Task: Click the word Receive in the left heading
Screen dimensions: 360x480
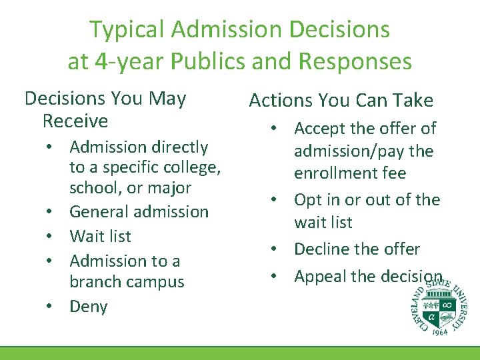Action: click(x=75, y=121)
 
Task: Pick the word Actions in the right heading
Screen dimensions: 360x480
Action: click(x=279, y=101)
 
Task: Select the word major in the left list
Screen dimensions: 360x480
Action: click(x=170, y=188)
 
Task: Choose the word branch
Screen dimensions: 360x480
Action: click(x=97, y=282)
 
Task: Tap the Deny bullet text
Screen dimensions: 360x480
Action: click(x=88, y=307)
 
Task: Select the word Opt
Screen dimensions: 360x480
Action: click(x=308, y=200)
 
